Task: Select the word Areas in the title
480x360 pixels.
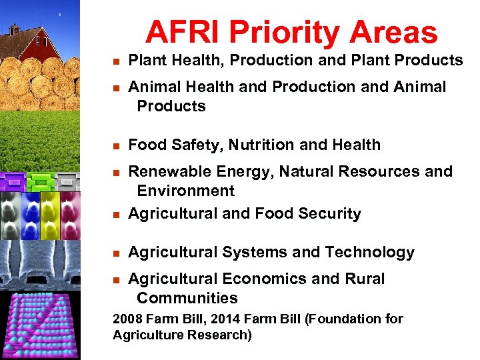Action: (x=393, y=32)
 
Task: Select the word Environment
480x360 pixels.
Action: (x=185, y=191)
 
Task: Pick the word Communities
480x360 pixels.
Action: (x=187, y=298)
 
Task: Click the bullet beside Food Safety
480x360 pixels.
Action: (x=115, y=145)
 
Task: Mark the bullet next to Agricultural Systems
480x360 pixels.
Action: (x=115, y=253)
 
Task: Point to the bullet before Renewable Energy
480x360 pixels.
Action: (x=115, y=172)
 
